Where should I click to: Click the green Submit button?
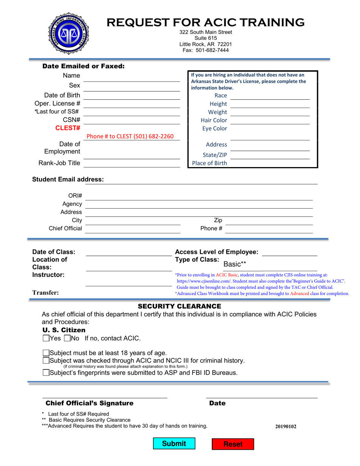pos(174,444)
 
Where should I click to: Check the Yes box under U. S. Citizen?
pos(46,338)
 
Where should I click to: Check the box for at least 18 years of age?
pos(46,353)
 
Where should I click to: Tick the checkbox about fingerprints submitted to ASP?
pos(46,372)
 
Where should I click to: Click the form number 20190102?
pos(286,427)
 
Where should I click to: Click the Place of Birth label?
pos(210,163)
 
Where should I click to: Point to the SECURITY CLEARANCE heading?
pos(179,306)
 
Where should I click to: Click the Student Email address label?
pos(68,179)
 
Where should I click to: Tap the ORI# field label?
pos(75,196)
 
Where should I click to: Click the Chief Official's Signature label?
pos(89,403)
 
